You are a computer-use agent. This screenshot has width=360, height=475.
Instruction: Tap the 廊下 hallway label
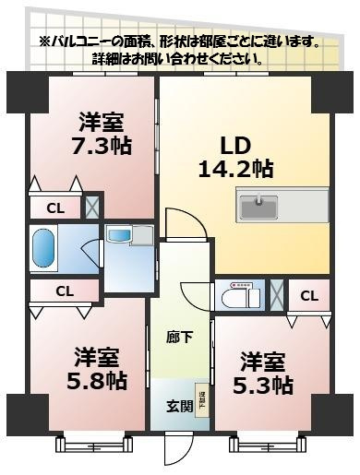(180, 338)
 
